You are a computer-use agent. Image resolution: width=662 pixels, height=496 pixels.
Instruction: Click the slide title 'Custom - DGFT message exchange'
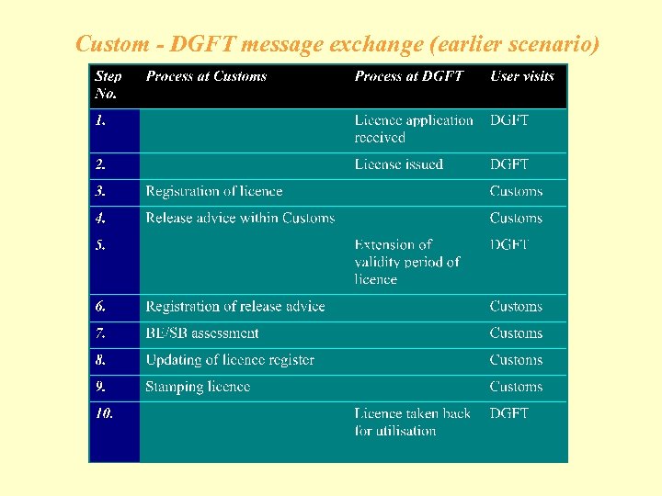(337, 43)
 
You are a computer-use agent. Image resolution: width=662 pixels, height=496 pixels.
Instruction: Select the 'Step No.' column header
(108, 85)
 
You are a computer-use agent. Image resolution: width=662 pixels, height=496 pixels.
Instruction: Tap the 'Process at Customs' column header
(206, 76)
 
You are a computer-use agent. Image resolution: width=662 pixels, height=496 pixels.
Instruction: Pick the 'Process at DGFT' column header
(409, 76)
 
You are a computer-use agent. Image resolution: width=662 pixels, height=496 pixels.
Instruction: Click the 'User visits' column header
(522, 76)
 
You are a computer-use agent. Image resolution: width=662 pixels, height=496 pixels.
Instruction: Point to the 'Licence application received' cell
(414, 129)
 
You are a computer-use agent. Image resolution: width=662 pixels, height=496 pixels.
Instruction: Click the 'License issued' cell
(399, 164)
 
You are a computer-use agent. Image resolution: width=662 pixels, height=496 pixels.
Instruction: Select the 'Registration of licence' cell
(213, 191)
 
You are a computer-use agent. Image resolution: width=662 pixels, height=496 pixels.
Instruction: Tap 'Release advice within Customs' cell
(240, 218)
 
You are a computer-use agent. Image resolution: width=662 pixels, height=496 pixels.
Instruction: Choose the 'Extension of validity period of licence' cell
(407, 262)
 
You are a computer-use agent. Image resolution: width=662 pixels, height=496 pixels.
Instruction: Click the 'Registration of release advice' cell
(234, 306)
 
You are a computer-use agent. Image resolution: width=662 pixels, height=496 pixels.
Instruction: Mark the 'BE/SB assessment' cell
(202, 333)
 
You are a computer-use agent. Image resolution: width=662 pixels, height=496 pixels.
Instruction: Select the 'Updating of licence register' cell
(230, 360)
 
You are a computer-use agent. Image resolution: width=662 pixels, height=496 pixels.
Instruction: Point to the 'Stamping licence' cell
(198, 387)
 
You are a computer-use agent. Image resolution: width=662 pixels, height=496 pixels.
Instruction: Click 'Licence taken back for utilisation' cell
(413, 422)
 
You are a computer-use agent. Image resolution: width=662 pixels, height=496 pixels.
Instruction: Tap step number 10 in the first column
(104, 413)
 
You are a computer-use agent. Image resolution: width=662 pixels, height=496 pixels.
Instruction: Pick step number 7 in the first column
(100, 333)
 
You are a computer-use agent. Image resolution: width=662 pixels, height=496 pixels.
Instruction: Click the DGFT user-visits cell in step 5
(509, 244)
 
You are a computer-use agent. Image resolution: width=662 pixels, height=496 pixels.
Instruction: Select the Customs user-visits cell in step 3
(516, 191)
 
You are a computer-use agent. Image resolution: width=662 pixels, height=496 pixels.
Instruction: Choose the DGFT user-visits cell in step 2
(509, 164)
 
